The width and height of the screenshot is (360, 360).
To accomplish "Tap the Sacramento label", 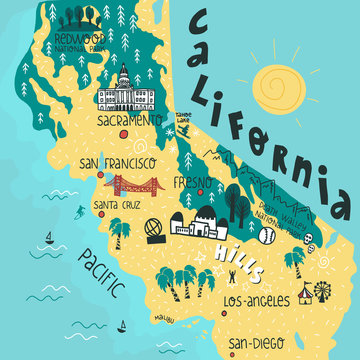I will click(x=129, y=120).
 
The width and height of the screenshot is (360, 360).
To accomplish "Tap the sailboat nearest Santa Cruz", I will click(x=47, y=239).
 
